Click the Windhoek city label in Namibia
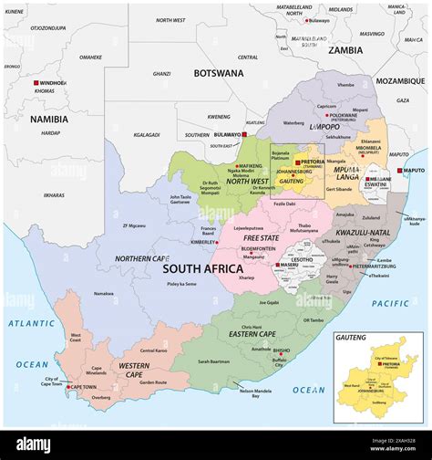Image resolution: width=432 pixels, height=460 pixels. [53, 83]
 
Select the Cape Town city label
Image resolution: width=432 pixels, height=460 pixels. [83, 386]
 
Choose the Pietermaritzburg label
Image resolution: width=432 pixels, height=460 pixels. [349, 267]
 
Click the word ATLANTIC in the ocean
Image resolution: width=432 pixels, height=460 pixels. [32, 323]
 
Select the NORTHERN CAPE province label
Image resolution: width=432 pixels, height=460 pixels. [142, 258]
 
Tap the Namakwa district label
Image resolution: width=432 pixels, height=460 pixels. [103, 293]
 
